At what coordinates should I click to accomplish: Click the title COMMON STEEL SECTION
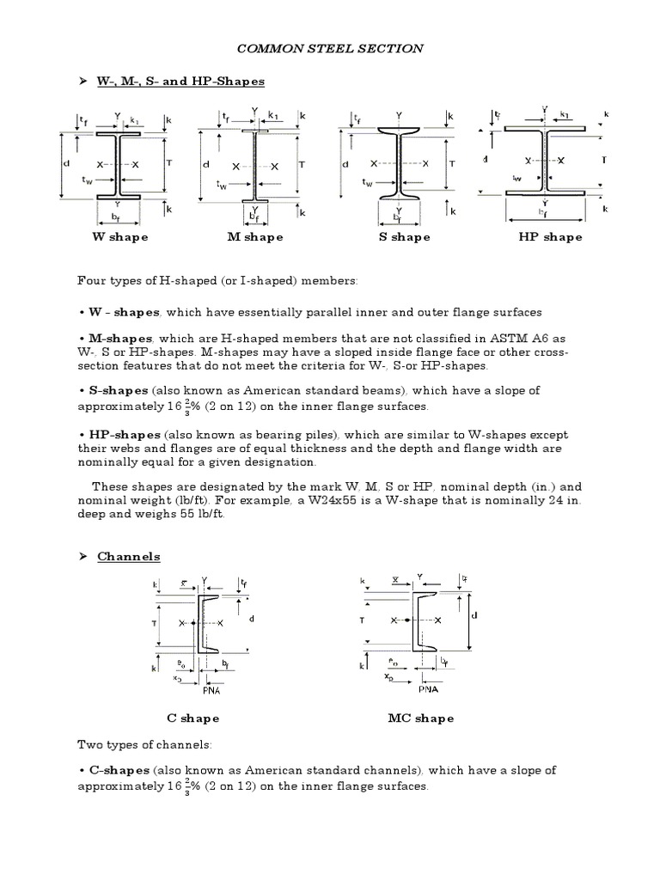pos(330,49)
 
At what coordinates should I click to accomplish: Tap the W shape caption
pos(120,237)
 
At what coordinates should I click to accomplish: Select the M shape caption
pos(254,237)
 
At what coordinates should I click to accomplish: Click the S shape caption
pos(404,237)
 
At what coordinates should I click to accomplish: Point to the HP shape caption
pos(550,237)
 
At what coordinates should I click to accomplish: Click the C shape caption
pos(192,718)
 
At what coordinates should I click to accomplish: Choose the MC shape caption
pos(421,718)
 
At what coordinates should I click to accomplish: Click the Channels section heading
pos(129,557)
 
